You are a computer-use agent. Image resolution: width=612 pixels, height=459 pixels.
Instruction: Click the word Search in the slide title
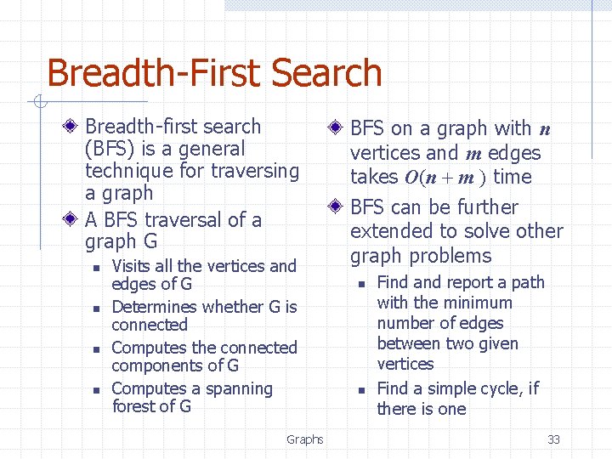coord(324,74)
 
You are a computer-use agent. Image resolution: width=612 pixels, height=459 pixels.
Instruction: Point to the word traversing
coord(252,171)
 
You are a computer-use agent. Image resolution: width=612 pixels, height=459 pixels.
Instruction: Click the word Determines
coord(154,307)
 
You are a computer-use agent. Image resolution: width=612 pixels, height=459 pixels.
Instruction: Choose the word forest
coord(135,406)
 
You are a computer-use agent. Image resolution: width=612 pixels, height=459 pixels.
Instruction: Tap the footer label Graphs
coord(304,439)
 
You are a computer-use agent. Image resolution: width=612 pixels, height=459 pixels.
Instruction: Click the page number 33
coord(553,439)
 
